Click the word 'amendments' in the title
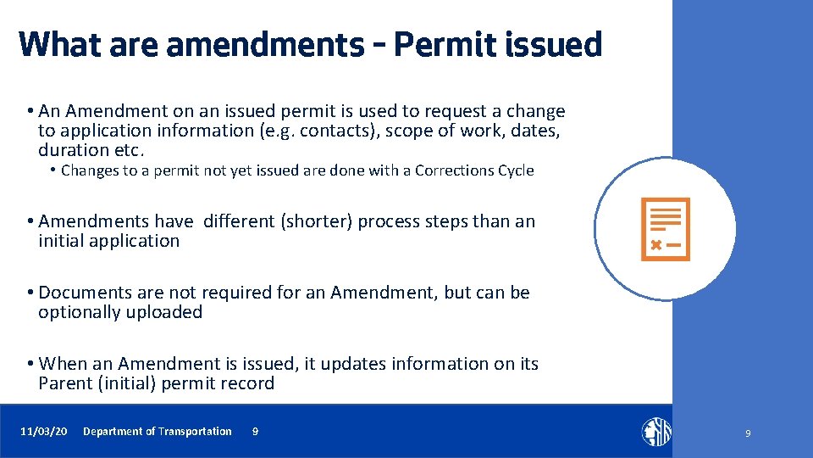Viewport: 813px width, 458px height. point(264,44)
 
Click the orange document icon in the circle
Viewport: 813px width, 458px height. point(666,229)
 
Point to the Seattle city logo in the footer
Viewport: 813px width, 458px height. point(655,432)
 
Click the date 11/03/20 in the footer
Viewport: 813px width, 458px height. point(44,432)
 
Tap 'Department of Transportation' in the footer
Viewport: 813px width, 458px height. point(157,432)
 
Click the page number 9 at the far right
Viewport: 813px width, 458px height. point(748,433)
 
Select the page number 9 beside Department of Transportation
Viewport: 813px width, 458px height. point(255,432)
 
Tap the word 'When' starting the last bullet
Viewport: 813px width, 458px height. point(64,364)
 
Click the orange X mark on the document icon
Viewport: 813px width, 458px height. point(655,245)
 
